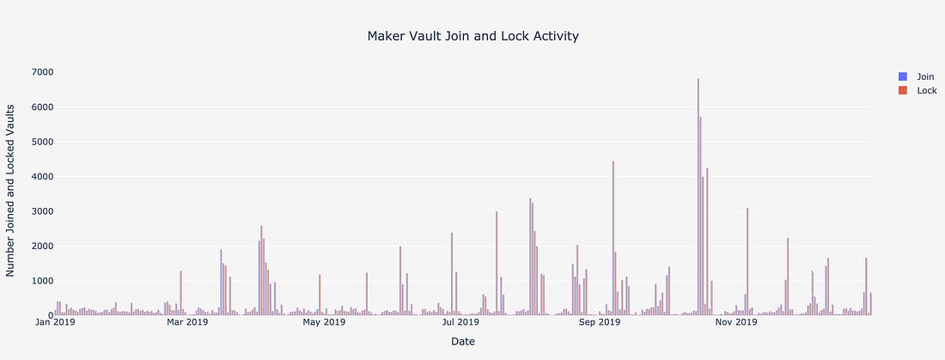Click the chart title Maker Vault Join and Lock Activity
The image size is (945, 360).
tap(472, 36)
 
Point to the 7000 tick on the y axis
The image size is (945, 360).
tap(36, 72)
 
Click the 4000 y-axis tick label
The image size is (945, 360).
tap(36, 177)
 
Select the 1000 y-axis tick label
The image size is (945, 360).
tap(36, 281)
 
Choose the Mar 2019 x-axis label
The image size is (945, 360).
tap(186, 323)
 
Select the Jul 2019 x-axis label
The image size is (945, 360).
tap(460, 323)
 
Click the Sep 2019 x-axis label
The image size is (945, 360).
tap(599, 323)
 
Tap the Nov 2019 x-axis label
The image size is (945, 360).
tap(735, 323)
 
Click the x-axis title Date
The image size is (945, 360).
tap(463, 342)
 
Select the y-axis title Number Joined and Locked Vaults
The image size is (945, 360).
tap(12, 190)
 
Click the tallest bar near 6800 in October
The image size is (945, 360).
tap(698, 198)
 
